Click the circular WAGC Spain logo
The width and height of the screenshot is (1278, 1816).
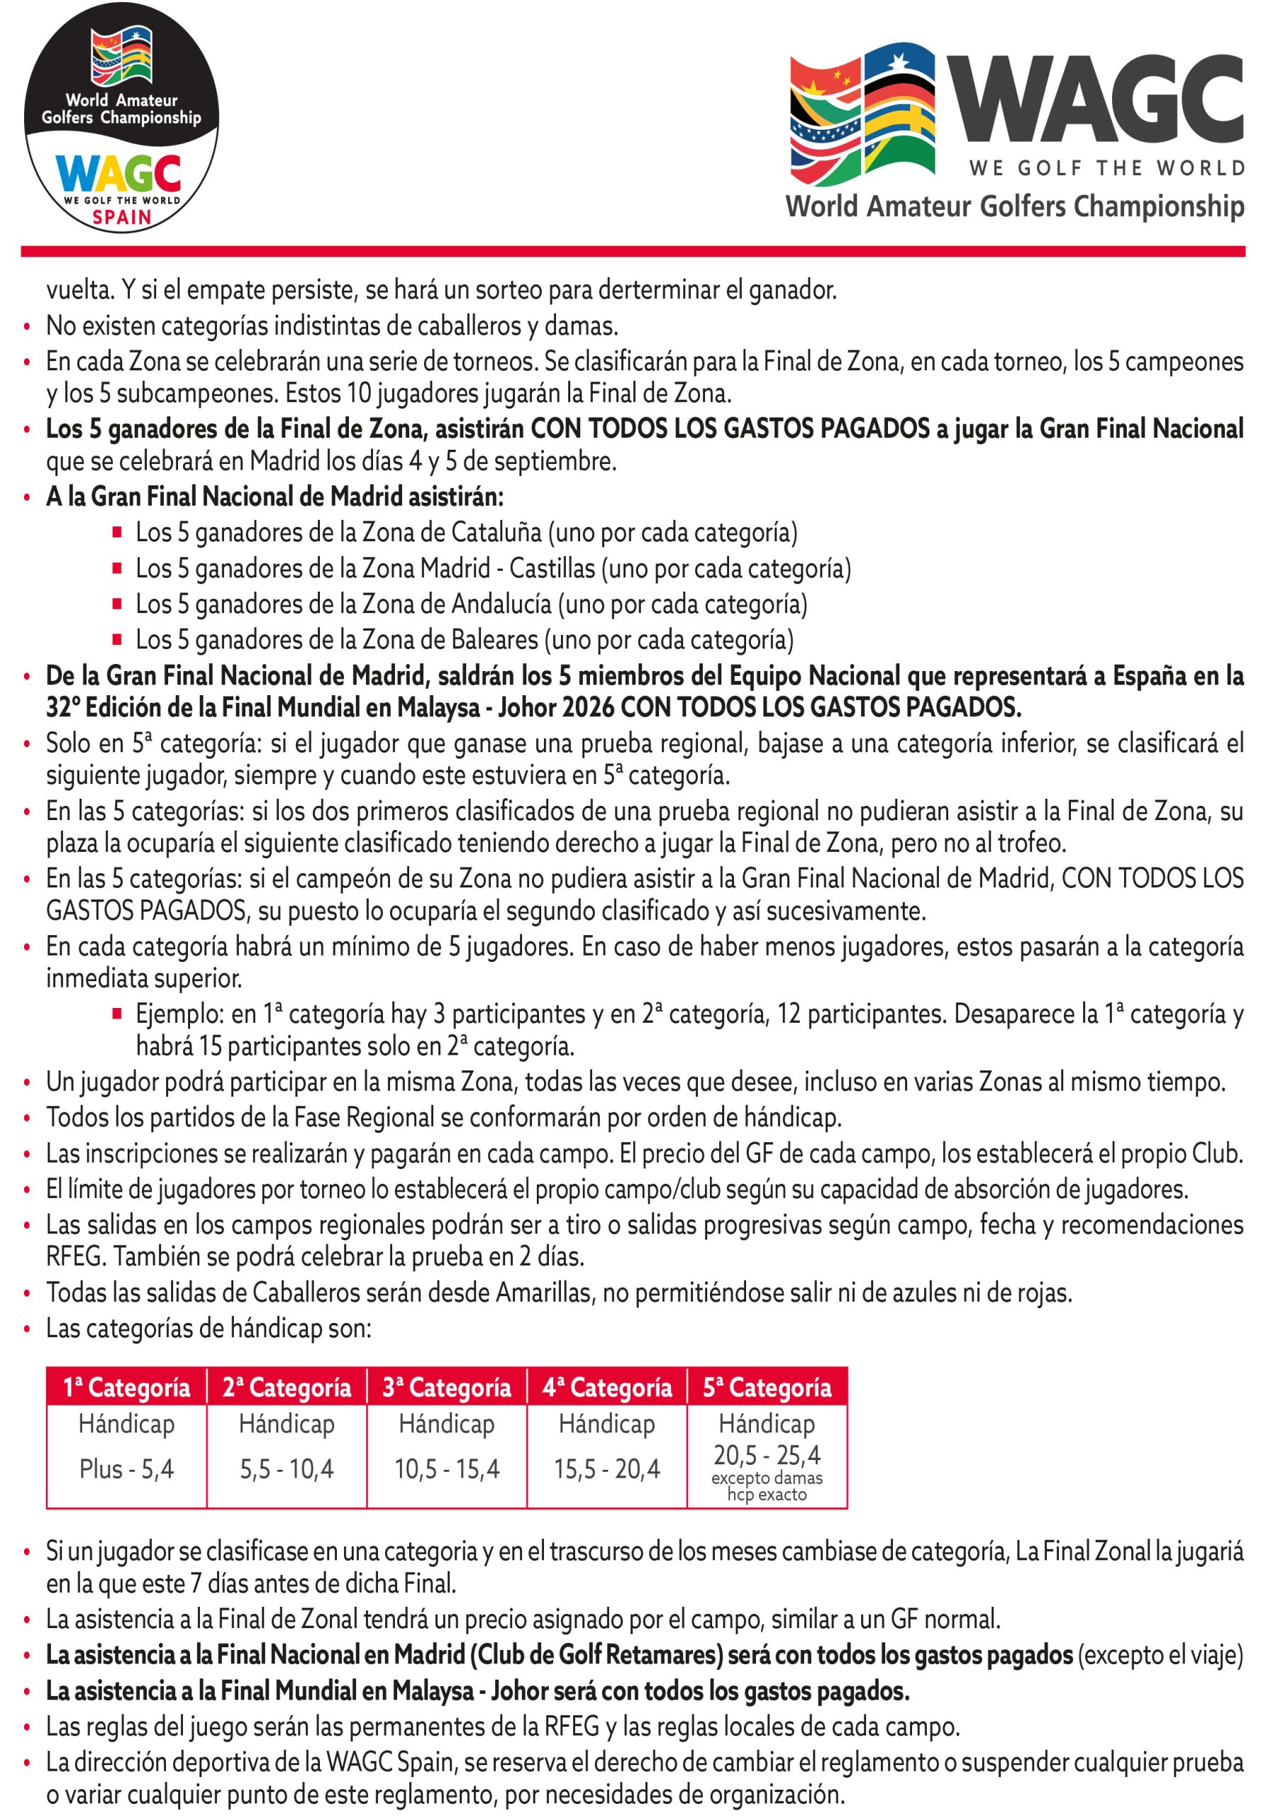[122, 118]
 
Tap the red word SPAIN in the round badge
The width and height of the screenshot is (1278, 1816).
[122, 218]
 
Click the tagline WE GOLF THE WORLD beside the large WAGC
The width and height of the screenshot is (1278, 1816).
[1106, 167]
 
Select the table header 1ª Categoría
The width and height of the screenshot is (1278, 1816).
[126, 1388]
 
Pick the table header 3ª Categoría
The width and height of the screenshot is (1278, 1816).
[447, 1388]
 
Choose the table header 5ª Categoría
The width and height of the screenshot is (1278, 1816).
[767, 1388]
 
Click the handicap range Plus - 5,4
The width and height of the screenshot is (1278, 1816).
[126, 1469]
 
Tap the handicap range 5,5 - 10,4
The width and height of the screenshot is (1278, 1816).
[287, 1469]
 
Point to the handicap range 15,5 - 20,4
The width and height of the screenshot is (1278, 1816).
[606, 1469]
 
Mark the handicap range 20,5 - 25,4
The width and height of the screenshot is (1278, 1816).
[767, 1454]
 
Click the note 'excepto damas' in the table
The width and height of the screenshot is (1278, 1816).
[767, 1478]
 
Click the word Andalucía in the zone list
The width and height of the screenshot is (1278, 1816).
[501, 604]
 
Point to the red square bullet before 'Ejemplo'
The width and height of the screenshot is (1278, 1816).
[117, 1012]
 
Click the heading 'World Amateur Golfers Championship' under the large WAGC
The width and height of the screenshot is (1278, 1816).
[1015, 206]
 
